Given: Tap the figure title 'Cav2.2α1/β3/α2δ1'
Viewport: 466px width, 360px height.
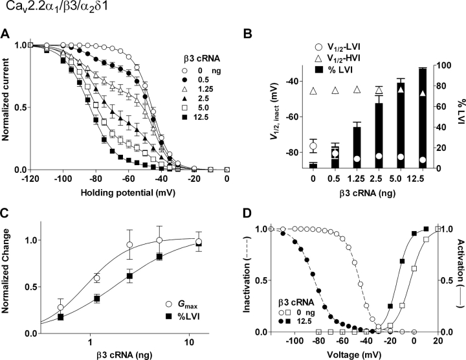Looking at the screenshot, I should [x=46, y=10].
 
